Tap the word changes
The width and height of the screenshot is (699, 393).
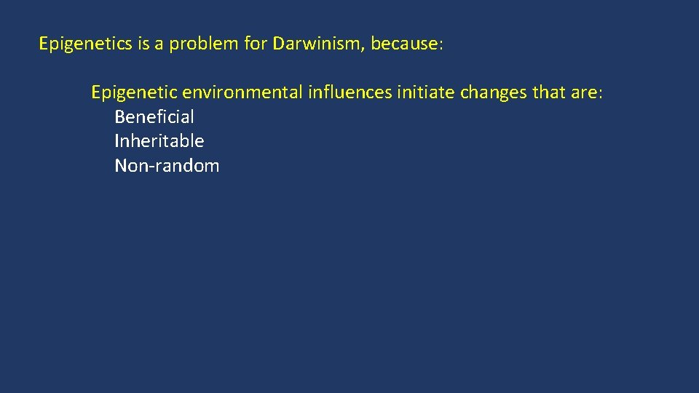point(494,93)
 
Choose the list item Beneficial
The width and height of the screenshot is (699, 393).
point(154,117)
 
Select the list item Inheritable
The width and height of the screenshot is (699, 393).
point(159,141)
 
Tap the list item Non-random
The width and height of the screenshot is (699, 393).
point(167,166)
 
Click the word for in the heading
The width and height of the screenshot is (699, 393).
point(256,44)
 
